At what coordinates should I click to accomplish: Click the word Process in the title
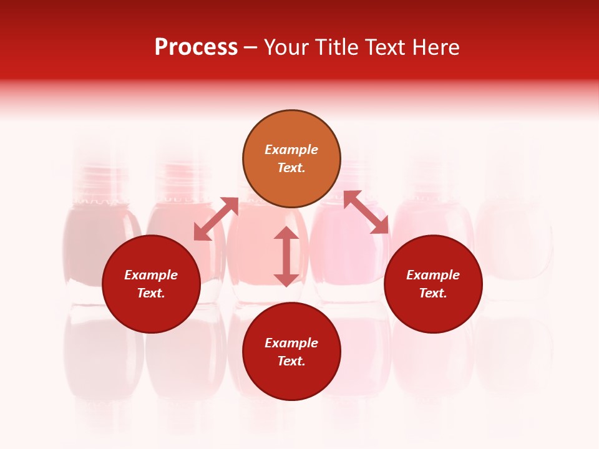point(196,47)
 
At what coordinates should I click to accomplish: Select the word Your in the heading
point(288,47)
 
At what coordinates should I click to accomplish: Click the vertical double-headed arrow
point(286,257)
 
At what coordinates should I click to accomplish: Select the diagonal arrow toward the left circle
point(216,219)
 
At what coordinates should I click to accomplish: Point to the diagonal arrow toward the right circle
point(366,213)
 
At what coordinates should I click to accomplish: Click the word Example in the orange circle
point(291,150)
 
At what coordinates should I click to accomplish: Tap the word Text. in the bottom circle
point(291,361)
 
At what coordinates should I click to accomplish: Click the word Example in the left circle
point(151,275)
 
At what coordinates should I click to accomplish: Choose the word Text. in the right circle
point(433,293)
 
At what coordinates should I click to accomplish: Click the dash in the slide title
point(250,47)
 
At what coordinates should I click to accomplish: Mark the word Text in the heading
point(387,47)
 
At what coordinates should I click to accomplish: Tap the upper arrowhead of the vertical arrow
point(286,234)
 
